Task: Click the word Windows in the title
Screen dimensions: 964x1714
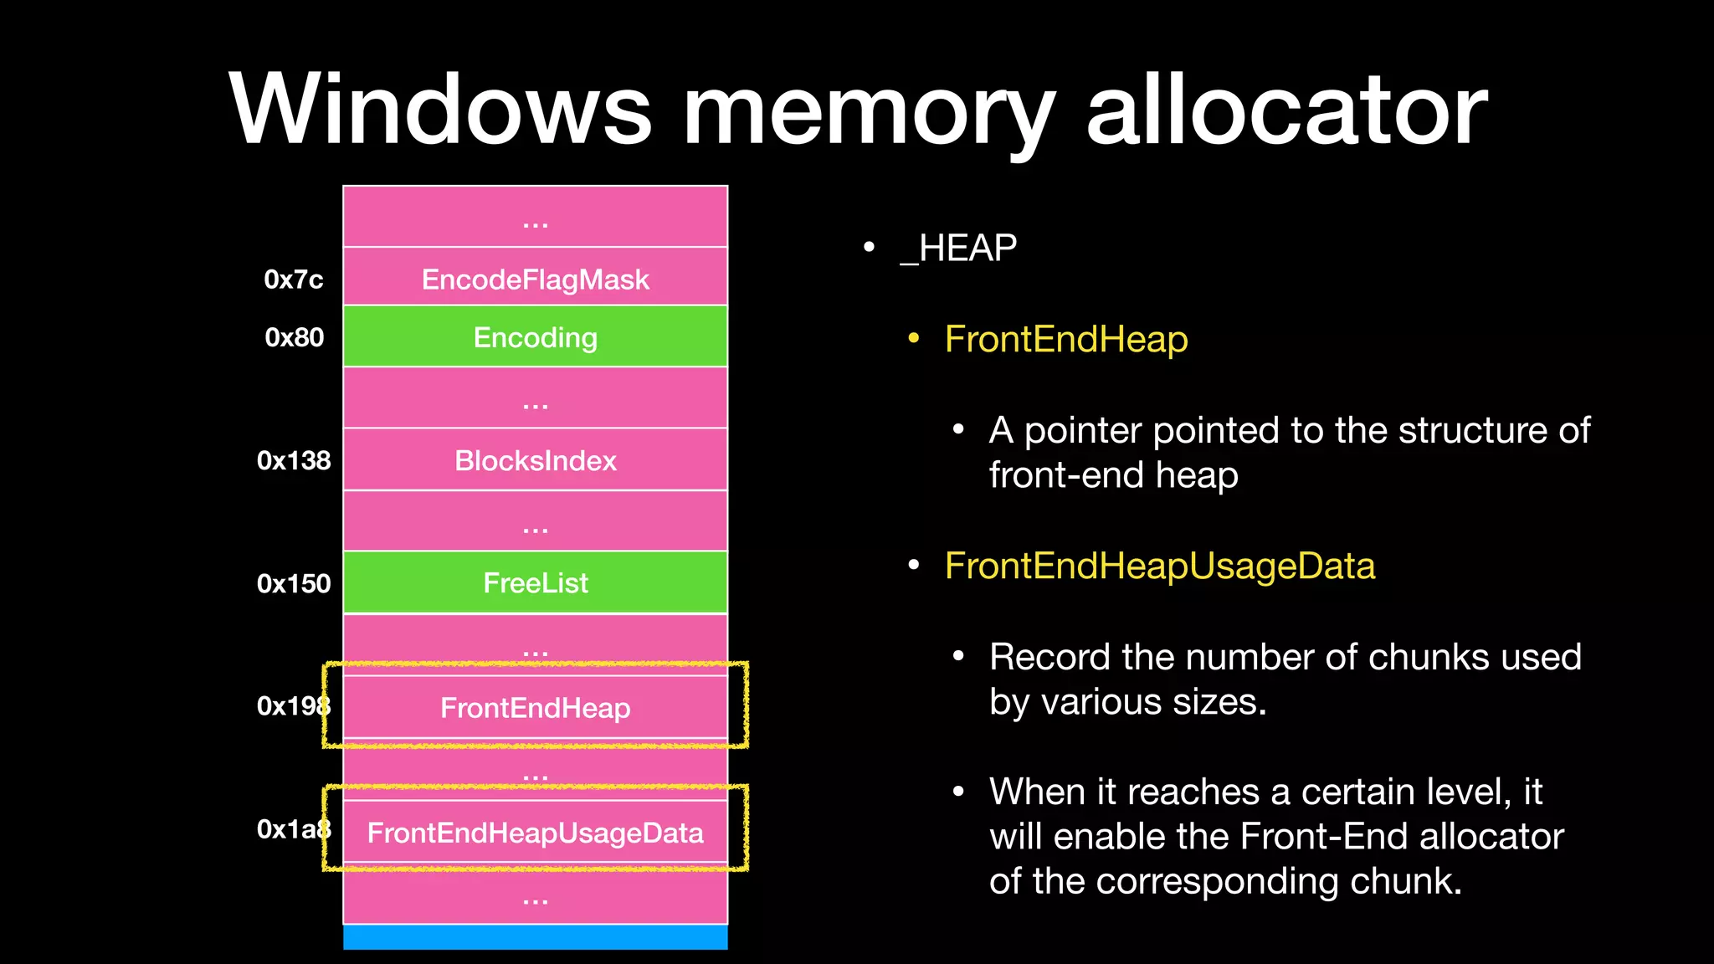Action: [439, 110]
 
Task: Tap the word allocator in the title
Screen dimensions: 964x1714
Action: [1286, 110]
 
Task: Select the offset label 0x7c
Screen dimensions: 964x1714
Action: [293, 279]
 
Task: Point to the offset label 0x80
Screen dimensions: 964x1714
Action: [294, 337]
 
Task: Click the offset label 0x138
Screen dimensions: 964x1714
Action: [294, 460]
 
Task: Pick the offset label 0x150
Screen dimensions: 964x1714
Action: [294, 583]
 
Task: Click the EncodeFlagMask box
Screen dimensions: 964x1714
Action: [536, 279]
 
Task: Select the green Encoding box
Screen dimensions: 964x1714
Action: [536, 337]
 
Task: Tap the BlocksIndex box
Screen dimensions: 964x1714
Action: [536, 460]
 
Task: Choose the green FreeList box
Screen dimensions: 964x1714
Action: [536, 583]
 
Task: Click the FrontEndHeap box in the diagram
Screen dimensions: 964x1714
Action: [536, 708]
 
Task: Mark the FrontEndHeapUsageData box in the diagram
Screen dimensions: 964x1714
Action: [536, 833]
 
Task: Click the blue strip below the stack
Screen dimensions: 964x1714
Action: [536, 937]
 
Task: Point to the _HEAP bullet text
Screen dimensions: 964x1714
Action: [958, 249]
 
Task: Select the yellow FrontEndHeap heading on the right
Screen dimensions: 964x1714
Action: [1065, 340]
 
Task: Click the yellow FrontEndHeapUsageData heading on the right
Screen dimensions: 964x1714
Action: [1159, 567]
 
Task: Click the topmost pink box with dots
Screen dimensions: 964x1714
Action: [536, 218]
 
